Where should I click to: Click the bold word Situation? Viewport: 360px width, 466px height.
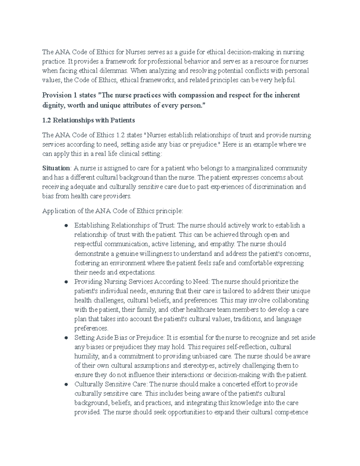pyautogui.click(x=56, y=168)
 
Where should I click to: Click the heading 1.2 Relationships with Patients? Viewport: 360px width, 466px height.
pyautogui.click(x=88, y=120)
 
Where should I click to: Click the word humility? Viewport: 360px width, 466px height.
pyautogui.click(x=87, y=356)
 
